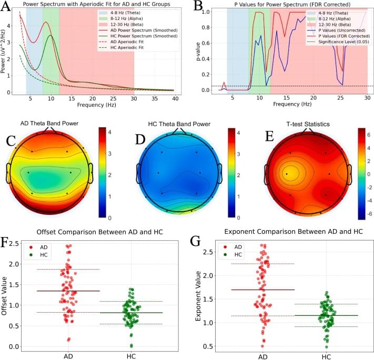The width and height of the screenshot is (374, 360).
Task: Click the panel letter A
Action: click(x=7, y=7)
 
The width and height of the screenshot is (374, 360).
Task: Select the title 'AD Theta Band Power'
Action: click(x=49, y=125)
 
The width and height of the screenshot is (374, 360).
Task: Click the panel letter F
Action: click(x=7, y=243)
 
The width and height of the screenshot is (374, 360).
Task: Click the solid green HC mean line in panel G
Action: click(x=327, y=315)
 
